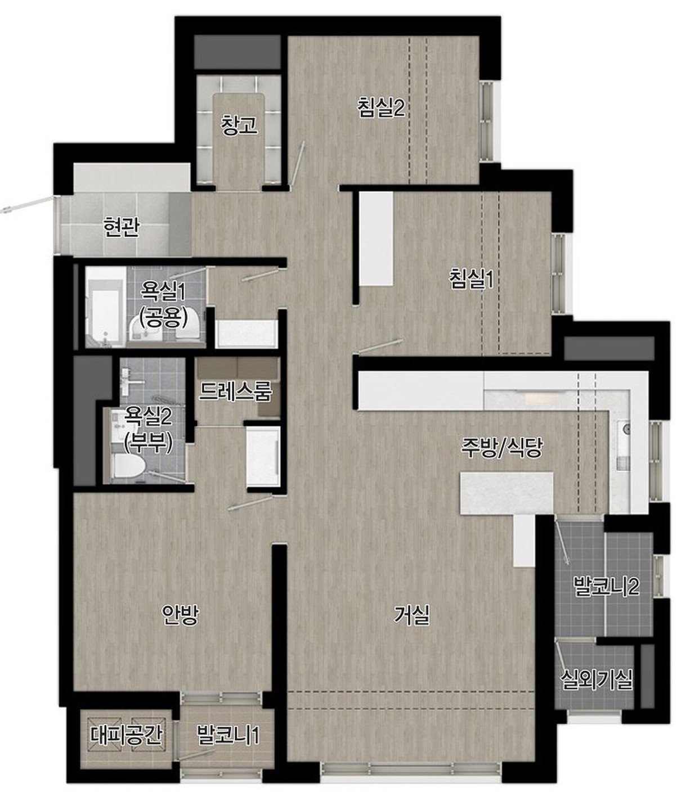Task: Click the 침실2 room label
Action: pyautogui.click(x=381, y=108)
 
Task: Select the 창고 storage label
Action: pyautogui.click(x=239, y=125)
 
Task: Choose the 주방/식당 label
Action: pyautogui.click(x=501, y=448)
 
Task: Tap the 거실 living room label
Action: pyautogui.click(x=411, y=615)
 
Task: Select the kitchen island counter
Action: pyautogui.click(x=506, y=493)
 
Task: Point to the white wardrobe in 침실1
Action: pyautogui.click(x=376, y=240)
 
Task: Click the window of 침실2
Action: pyautogui.click(x=486, y=121)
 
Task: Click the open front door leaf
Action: pyautogui.click(x=27, y=204)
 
